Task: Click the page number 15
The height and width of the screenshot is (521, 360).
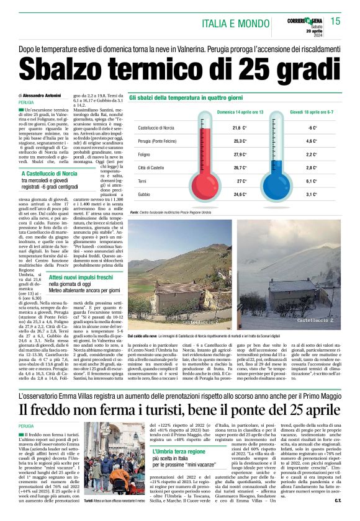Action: point(336,22)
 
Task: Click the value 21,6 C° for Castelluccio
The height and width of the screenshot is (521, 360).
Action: point(222,127)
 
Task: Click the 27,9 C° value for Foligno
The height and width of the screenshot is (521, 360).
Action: point(222,154)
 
